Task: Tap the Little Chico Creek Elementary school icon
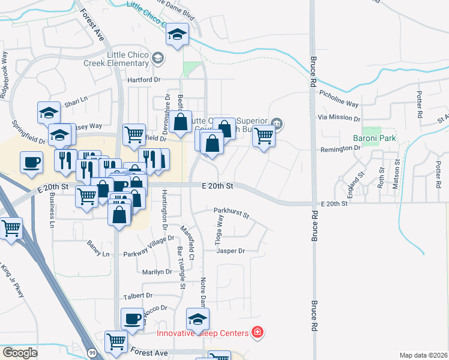(x=157, y=58)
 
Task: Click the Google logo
(x=20, y=352)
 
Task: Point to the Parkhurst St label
(x=231, y=211)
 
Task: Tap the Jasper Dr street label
(x=231, y=251)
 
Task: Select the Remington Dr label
(x=339, y=149)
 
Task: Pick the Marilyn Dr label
(x=157, y=272)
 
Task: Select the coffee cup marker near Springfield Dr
(x=31, y=162)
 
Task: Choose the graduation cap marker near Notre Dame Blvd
(x=177, y=34)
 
